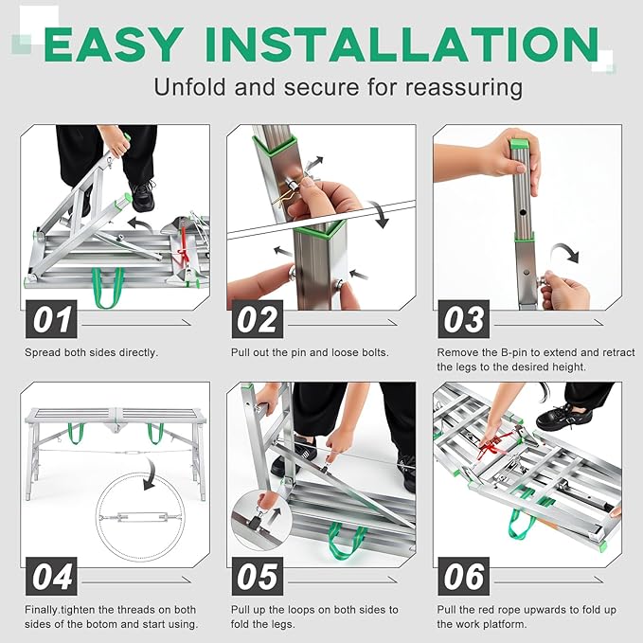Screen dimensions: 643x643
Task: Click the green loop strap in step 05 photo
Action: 351,541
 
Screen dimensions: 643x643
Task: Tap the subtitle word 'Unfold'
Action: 188,87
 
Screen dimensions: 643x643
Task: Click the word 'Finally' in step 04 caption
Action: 45,610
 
